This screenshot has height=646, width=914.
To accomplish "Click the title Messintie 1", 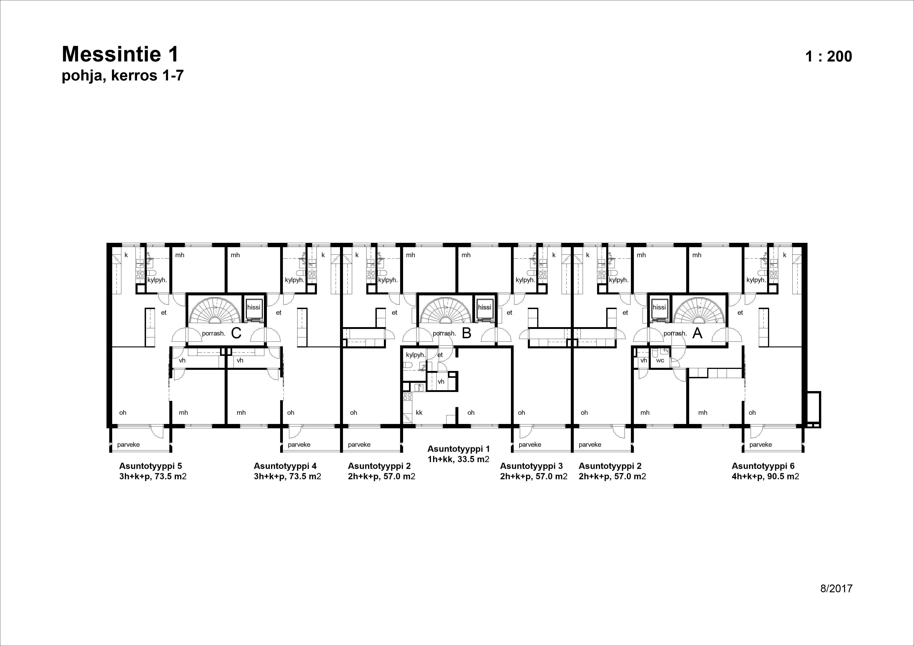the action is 120,54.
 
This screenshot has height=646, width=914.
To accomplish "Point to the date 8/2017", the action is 836,589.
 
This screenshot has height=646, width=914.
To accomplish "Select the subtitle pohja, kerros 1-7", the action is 123,75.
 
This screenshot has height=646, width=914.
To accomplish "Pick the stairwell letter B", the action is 467,333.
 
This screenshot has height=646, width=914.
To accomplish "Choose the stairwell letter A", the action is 697,333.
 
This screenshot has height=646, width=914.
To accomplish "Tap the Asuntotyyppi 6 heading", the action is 763,466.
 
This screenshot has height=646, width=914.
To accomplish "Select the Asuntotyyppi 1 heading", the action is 459,449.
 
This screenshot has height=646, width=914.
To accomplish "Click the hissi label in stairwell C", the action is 254,307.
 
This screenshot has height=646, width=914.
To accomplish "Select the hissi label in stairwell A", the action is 659,307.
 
